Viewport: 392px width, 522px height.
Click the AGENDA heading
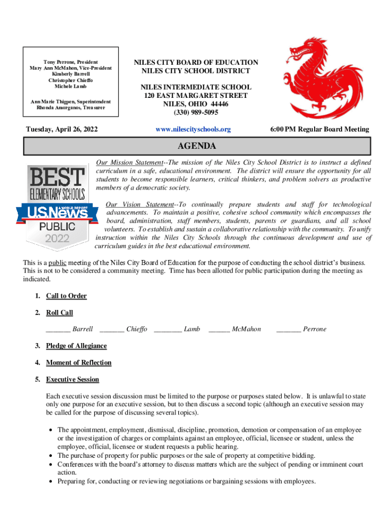click(x=197, y=147)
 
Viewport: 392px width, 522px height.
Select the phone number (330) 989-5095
click(x=196, y=112)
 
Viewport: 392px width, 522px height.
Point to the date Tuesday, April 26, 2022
click(x=62, y=129)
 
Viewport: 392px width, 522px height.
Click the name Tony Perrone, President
click(x=70, y=62)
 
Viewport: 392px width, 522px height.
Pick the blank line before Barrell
click(x=58, y=329)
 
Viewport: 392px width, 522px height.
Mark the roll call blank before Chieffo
click(x=112, y=329)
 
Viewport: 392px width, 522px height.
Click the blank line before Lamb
click(x=167, y=329)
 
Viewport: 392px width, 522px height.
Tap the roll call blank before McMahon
click(x=219, y=329)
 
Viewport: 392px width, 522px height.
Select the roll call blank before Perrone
click(x=288, y=329)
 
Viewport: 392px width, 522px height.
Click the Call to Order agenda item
click(x=66, y=296)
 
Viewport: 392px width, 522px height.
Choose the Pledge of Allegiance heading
click(x=76, y=346)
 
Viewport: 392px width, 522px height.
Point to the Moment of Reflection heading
click(x=78, y=363)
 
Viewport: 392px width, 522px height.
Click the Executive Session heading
click(x=72, y=380)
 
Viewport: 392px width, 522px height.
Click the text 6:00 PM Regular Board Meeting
click(x=320, y=129)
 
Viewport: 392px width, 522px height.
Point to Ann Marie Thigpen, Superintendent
click(x=70, y=101)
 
